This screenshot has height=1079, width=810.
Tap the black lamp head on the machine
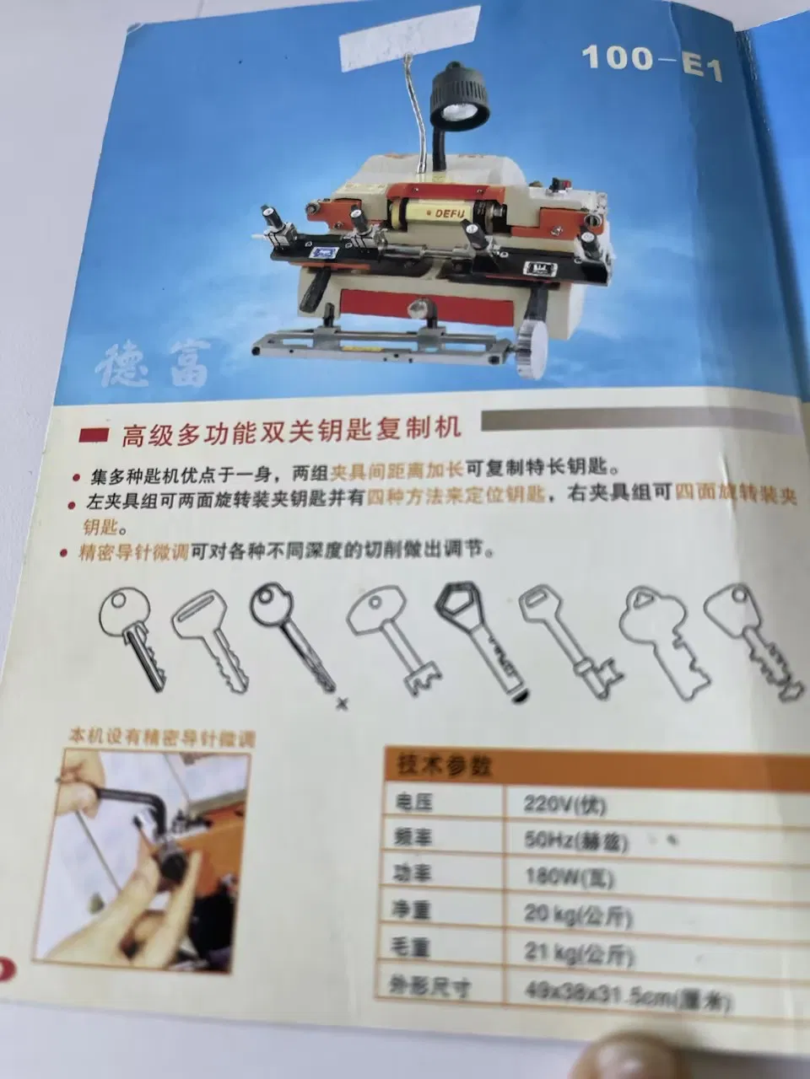tap(459, 94)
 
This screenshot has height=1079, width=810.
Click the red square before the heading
tap(93, 435)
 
